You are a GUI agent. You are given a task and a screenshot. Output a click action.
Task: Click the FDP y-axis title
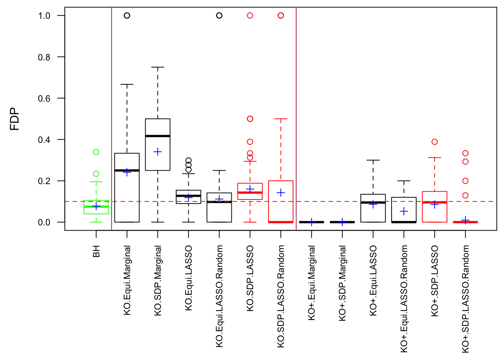[x=15, y=119]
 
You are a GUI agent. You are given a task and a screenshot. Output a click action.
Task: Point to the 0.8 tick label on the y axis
[x=44, y=57]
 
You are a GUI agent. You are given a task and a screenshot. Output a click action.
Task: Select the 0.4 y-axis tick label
[x=44, y=140]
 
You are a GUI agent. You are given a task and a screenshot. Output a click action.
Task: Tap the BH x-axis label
[x=96, y=251]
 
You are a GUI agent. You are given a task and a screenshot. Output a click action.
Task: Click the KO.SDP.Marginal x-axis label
[x=158, y=280]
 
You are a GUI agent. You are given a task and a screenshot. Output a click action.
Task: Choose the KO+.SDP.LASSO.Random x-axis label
[x=465, y=299]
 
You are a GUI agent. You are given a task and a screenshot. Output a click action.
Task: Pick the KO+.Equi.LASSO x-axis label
[x=373, y=280]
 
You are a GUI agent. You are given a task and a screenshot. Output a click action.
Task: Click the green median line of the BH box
[x=96, y=207]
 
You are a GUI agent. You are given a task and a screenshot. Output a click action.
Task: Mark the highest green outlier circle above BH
[x=96, y=152]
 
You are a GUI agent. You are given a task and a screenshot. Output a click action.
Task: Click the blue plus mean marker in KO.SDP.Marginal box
[x=158, y=152]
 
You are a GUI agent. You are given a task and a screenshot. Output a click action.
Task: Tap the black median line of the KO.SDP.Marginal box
[x=158, y=136]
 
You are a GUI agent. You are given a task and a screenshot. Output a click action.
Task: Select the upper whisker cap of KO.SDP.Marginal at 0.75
[x=158, y=67]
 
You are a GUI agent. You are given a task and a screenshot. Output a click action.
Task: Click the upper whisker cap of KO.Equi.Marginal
[x=127, y=85]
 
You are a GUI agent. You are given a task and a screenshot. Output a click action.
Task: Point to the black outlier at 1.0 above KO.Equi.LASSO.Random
[x=219, y=15]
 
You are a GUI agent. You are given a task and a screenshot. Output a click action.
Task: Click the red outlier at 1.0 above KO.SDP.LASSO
[x=250, y=15]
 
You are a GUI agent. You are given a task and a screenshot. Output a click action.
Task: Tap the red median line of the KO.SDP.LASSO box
[x=250, y=193]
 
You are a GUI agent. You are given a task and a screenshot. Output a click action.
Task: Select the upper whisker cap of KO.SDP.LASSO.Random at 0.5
[x=281, y=119]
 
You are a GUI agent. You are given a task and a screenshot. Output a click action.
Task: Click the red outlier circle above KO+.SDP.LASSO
[x=435, y=142]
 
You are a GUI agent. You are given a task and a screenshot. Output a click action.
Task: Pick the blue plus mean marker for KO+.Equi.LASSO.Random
[x=404, y=211]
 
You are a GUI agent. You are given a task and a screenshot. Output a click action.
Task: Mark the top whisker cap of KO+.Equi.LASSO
[x=373, y=160]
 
